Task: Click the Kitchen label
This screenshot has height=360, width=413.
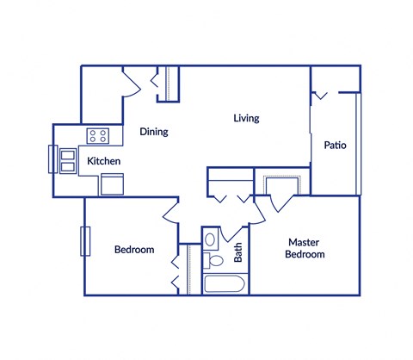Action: (102, 162)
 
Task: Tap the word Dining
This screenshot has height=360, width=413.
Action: (153, 133)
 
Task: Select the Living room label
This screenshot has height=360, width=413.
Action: (246, 118)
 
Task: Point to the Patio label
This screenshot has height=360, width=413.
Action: (335, 146)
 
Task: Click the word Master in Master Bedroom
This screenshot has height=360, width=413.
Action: (305, 242)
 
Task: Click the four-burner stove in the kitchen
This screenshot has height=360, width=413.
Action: (99, 135)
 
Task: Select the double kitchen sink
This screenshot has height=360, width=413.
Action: (66, 160)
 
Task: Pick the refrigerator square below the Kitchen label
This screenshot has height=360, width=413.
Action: (113, 184)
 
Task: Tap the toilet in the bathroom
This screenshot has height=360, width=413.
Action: (214, 260)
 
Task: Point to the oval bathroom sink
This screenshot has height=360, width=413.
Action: (211, 237)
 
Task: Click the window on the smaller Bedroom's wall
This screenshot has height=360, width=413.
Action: (84, 240)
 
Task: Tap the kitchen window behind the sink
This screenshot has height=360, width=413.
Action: (52, 160)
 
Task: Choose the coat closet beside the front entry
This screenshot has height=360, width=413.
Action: (170, 83)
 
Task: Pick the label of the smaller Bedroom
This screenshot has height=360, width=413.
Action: (134, 250)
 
